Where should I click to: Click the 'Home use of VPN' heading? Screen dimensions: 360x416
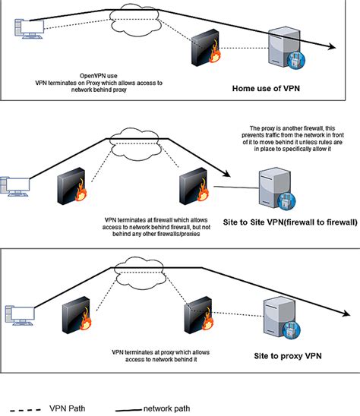point(266,88)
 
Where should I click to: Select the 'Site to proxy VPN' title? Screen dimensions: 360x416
point(288,356)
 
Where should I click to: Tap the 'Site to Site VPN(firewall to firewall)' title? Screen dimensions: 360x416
point(290,222)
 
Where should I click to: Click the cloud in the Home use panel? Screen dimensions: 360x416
point(135,20)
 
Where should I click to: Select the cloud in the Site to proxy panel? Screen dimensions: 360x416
point(140,273)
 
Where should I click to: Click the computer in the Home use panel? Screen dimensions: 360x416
point(29,29)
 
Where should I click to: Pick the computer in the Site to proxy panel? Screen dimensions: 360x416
point(20,315)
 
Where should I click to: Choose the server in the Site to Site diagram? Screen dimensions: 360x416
point(277,188)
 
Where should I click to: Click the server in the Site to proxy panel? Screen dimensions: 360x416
point(282,319)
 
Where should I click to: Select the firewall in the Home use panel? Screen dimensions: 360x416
point(206,48)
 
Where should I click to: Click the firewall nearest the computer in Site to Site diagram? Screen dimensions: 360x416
point(72,186)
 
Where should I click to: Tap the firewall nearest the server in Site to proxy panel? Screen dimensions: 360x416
point(199,315)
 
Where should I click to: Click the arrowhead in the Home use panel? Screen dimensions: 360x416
point(332,46)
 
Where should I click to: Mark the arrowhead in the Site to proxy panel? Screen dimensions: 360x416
point(346,313)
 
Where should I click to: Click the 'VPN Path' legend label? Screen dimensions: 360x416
point(67,408)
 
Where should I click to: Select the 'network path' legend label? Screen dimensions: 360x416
point(167,408)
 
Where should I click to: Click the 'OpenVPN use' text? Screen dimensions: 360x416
point(99,76)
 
